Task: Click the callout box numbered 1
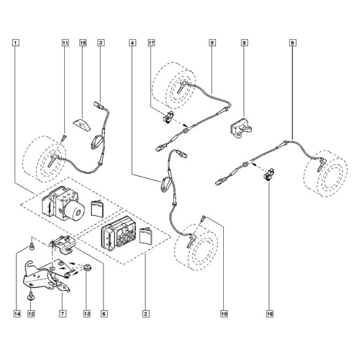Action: (x=16, y=43)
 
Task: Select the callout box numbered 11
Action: (x=65, y=43)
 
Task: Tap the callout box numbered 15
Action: (x=83, y=43)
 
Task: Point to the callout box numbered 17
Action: (x=151, y=43)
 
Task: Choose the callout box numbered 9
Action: (x=293, y=43)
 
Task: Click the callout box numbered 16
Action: (x=270, y=314)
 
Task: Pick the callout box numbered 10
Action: (x=224, y=314)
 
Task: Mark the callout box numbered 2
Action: (x=146, y=314)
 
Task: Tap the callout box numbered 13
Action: (x=87, y=314)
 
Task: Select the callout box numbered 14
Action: (x=17, y=314)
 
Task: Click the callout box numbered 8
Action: (x=244, y=43)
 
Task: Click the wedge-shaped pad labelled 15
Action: (x=82, y=124)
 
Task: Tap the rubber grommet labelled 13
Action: (x=87, y=268)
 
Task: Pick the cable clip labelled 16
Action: (x=269, y=174)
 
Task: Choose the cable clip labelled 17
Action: (x=168, y=117)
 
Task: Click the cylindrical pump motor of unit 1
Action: (x=75, y=209)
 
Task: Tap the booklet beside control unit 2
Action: (x=146, y=236)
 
